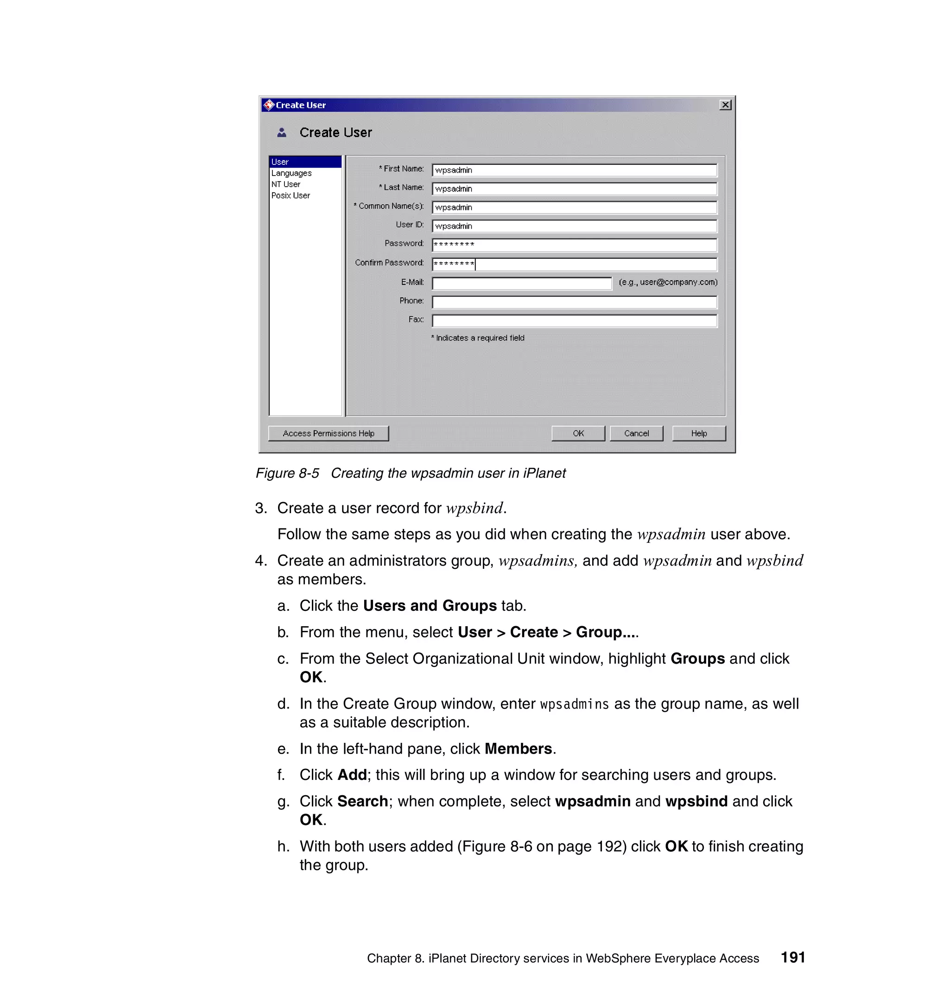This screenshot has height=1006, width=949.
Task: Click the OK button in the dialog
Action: pyautogui.click(x=577, y=433)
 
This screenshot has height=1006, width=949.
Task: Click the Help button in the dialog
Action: pyautogui.click(x=698, y=433)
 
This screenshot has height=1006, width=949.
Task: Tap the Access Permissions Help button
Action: pyautogui.click(x=328, y=433)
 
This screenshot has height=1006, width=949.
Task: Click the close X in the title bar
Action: pyautogui.click(x=725, y=105)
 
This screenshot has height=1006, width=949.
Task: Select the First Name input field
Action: pyautogui.click(x=574, y=170)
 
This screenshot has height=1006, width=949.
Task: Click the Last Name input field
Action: pyautogui.click(x=574, y=189)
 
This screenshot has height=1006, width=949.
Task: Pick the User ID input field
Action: pyautogui.click(x=574, y=226)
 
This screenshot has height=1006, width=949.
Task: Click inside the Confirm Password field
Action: pyautogui.click(x=574, y=264)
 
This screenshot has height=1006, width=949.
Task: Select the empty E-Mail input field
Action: pyautogui.click(x=521, y=283)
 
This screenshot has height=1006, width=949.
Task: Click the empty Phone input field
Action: pyautogui.click(x=574, y=302)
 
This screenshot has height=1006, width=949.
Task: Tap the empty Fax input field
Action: pyautogui.click(x=574, y=321)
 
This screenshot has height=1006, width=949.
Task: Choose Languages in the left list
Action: pyautogui.click(x=291, y=173)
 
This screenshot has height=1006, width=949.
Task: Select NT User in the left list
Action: pyautogui.click(x=286, y=184)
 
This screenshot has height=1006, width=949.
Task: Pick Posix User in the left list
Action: pyautogui.click(x=291, y=195)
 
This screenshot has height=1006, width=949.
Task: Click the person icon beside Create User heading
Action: pyautogui.click(x=282, y=132)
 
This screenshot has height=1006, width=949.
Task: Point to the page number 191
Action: pyautogui.click(x=792, y=957)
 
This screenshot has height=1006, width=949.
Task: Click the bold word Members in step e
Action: pyautogui.click(x=518, y=748)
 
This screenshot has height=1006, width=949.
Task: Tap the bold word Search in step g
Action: pyautogui.click(x=362, y=801)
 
